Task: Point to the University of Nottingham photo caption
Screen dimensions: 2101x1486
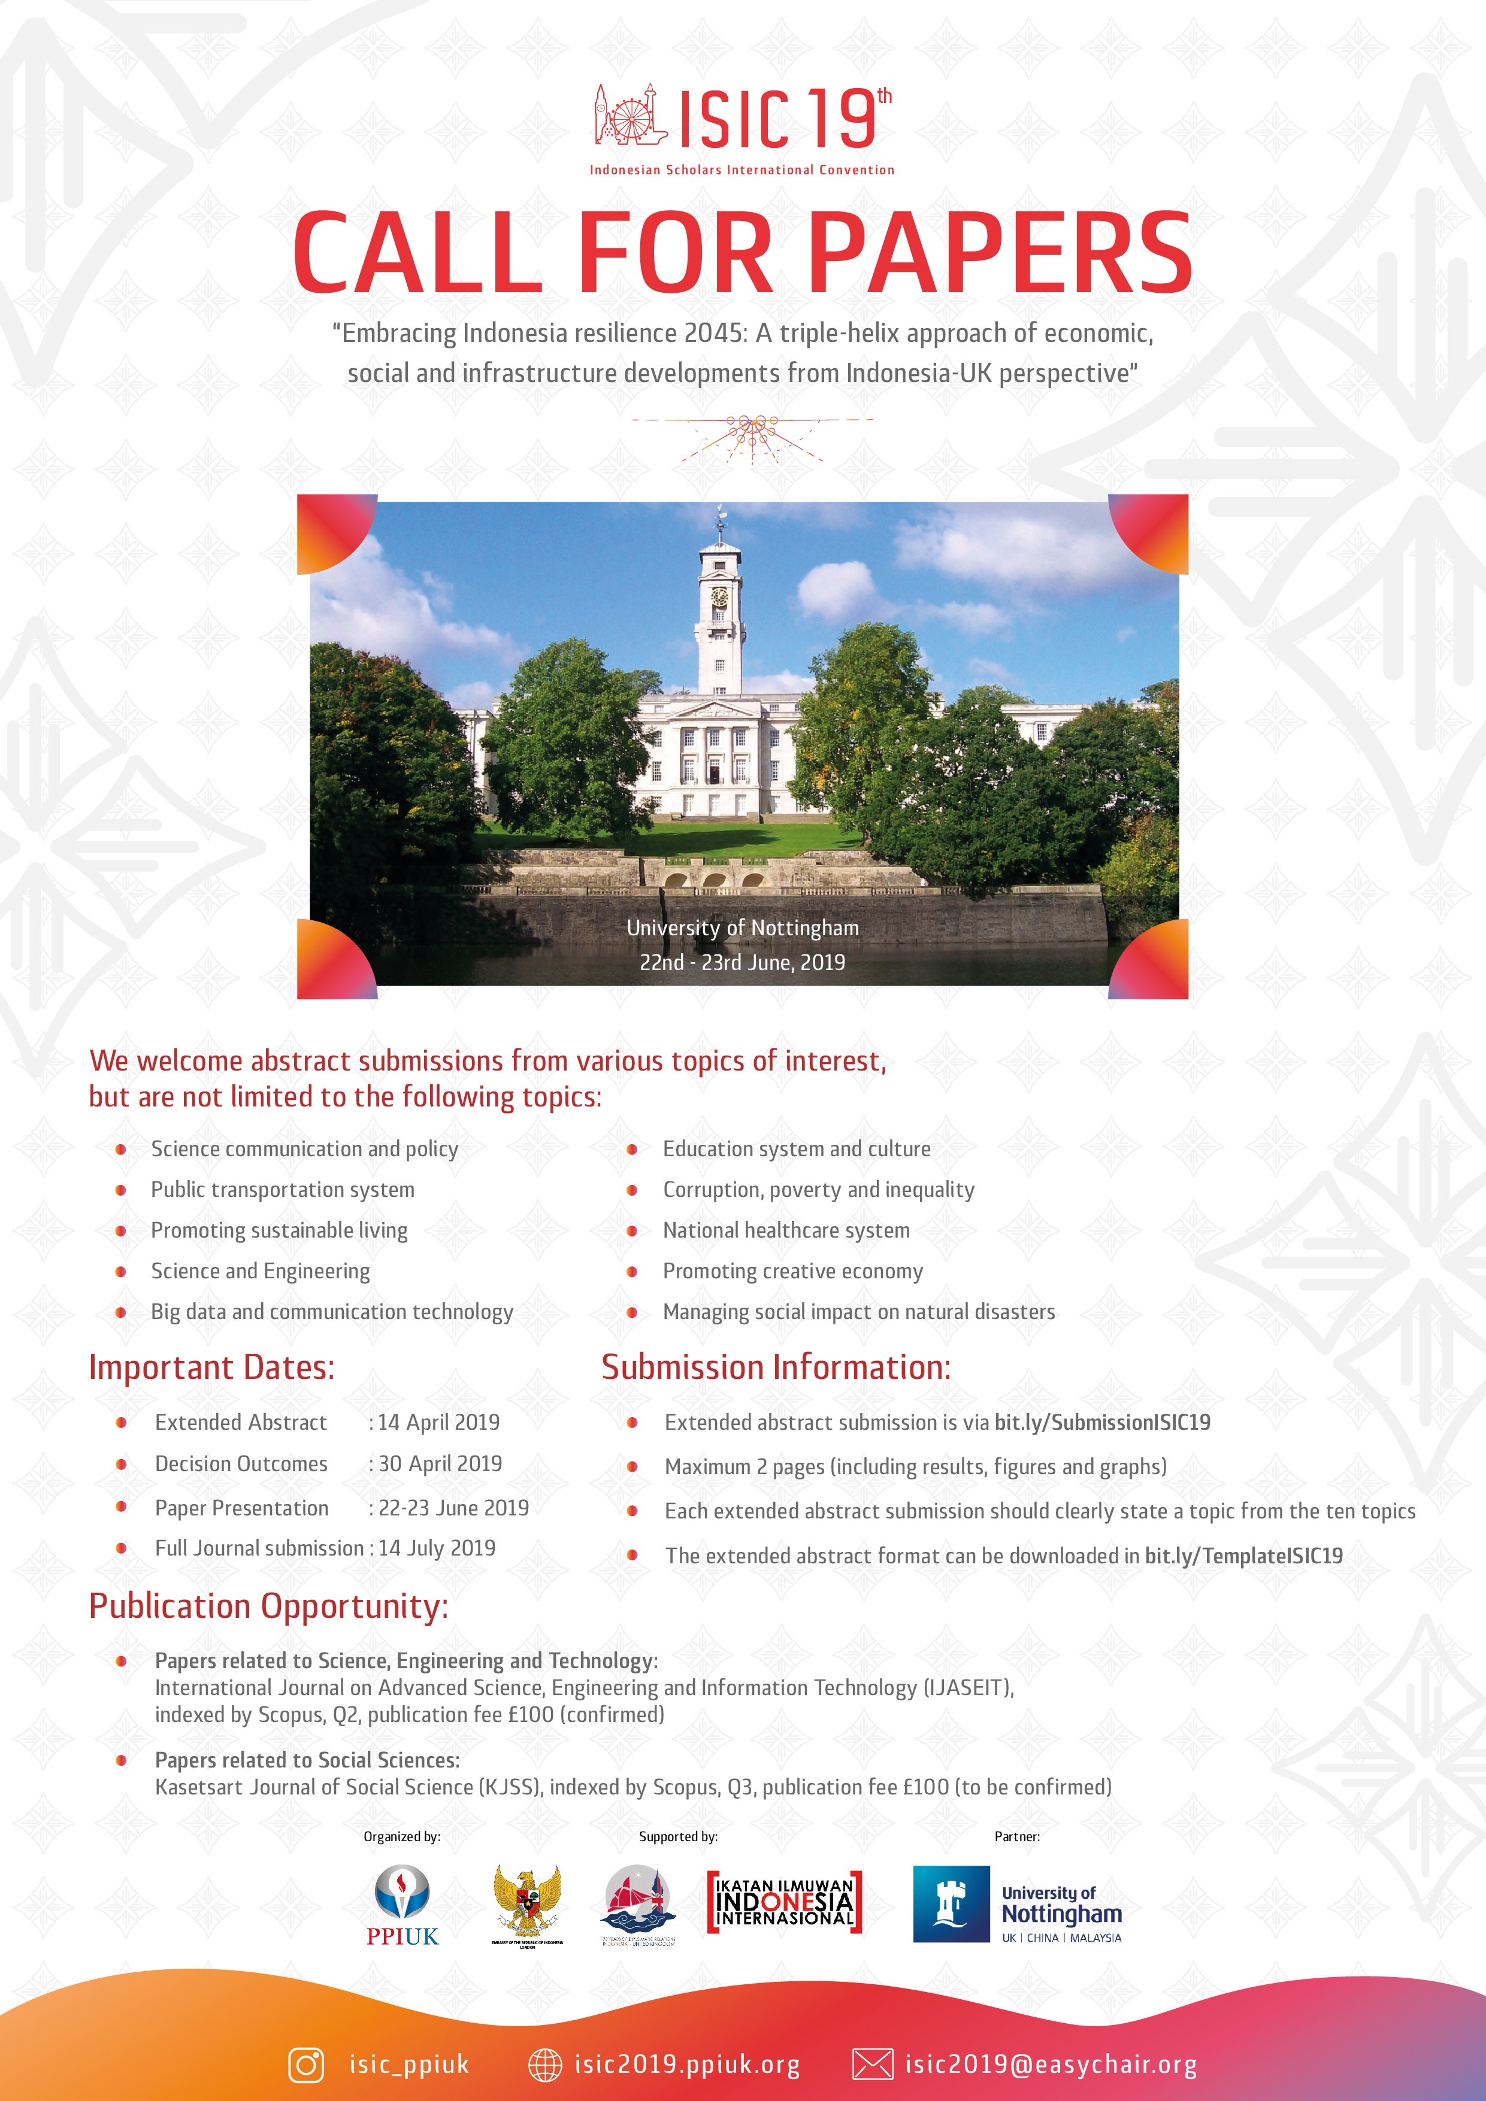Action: coord(743,928)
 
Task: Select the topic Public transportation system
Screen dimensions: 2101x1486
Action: coord(282,1190)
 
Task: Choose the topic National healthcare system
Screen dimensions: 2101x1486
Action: coord(786,1231)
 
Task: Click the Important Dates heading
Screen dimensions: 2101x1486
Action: coord(211,1367)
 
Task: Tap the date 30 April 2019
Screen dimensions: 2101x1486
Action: coord(440,1464)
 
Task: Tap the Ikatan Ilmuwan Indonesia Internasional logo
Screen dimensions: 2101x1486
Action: coord(785,1902)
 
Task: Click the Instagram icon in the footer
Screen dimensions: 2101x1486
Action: coord(306,2065)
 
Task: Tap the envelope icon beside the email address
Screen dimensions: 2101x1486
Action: coord(871,2065)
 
